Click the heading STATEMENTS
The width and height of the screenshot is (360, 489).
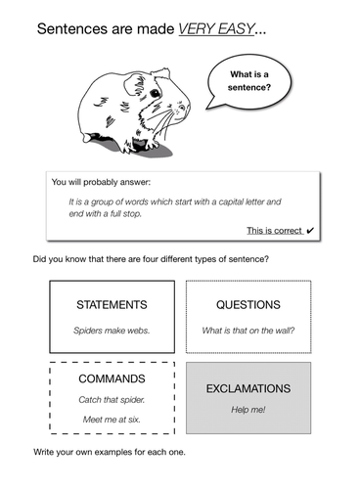[x=112, y=304]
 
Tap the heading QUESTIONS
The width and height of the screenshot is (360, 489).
[x=247, y=304]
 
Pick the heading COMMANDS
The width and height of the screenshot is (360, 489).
[x=111, y=378]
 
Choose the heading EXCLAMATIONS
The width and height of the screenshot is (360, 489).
[x=247, y=388]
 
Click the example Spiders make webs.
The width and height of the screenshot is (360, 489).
[x=112, y=331]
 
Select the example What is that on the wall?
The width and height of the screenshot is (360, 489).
[x=247, y=331]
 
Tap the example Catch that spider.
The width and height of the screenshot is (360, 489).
[x=111, y=400]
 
